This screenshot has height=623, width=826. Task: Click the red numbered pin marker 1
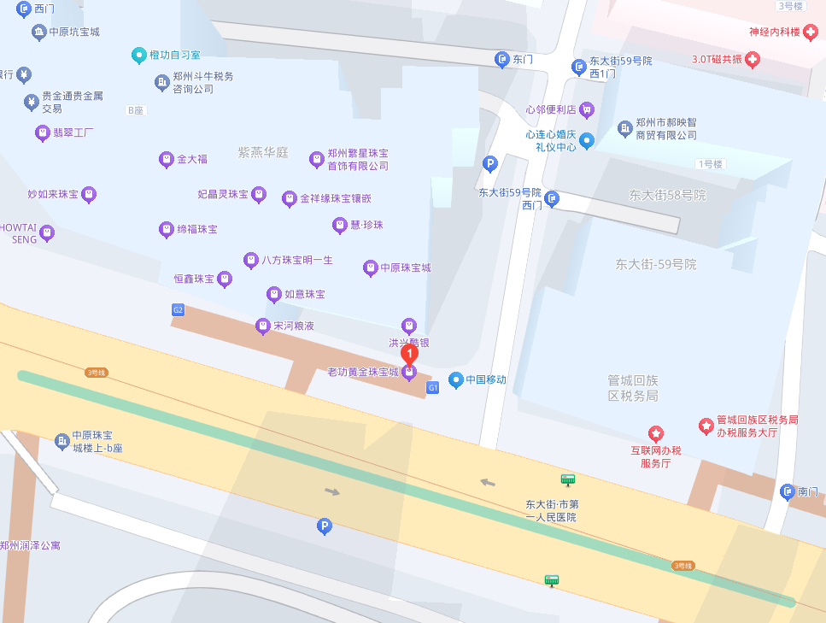click(410, 352)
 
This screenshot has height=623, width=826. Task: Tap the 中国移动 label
click(485, 379)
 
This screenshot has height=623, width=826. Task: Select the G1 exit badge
click(432, 387)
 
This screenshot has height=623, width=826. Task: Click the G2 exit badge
click(178, 309)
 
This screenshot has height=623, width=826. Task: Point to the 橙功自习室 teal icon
click(138, 55)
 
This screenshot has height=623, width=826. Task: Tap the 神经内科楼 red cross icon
click(810, 32)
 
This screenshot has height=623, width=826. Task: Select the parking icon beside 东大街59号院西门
click(490, 162)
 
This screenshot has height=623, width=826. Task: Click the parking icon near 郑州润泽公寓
click(324, 527)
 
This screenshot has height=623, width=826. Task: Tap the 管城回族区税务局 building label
click(633, 387)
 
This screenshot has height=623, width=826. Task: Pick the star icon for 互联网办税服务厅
click(655, 433)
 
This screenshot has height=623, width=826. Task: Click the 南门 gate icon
click(787, 491)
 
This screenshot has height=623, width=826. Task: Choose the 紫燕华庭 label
click(263, 153)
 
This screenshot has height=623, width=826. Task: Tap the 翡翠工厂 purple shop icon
click(42, 132)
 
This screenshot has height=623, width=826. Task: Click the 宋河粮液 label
click(294, 326)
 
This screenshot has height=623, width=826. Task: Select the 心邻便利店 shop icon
click(586, 109)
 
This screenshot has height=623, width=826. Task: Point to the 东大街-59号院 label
click(656, 264)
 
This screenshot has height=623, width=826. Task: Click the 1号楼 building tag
click(710, 164)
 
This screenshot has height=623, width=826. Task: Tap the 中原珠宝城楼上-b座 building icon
click(62, 441)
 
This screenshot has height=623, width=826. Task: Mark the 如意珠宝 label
click(304, 294)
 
